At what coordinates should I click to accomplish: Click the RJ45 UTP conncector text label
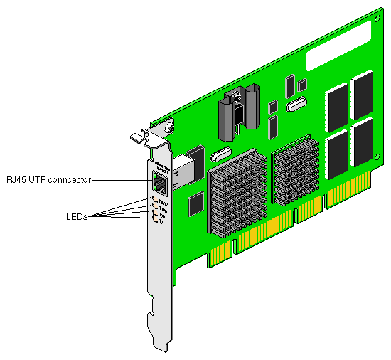[x=48, y=179]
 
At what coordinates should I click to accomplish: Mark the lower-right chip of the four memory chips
[x=362, y=139]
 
